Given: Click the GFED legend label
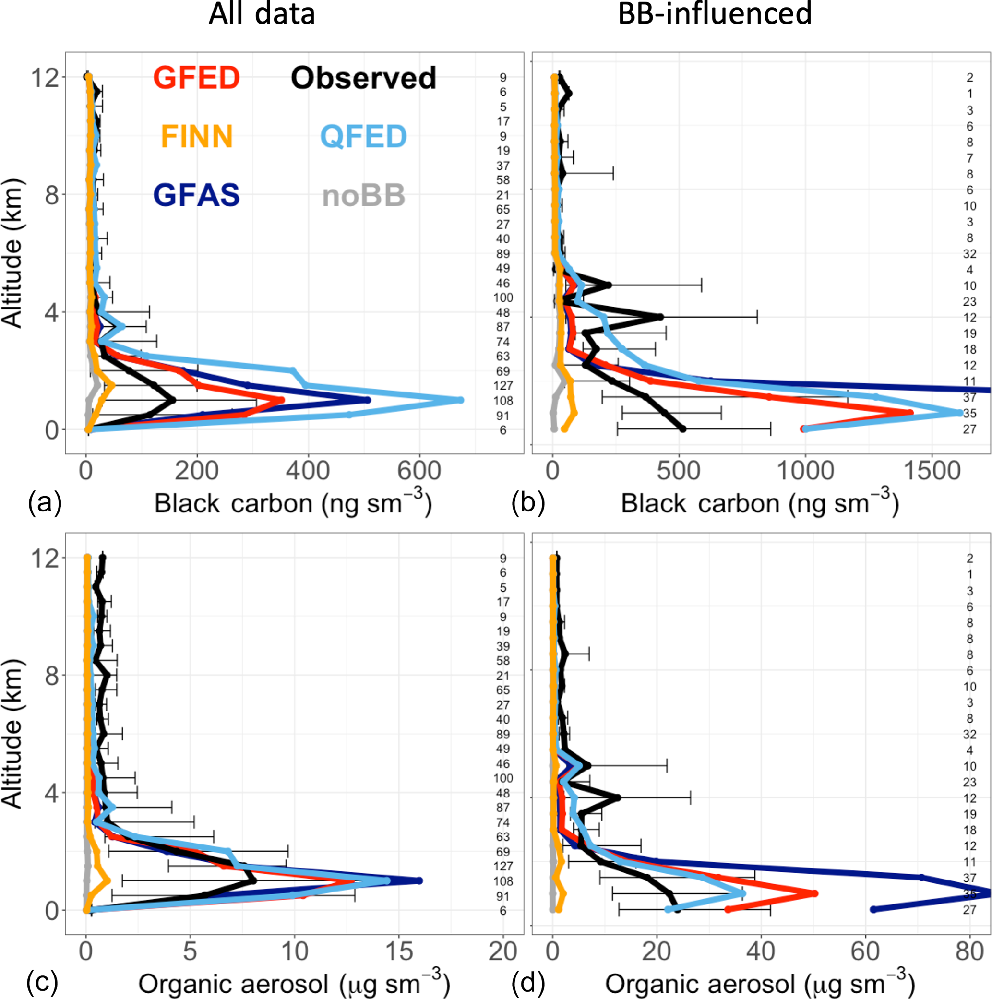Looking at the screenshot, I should (x=197, y=78).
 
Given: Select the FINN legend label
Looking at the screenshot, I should (x=197, y=136).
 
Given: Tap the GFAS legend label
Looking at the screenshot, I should (x=197, y=195).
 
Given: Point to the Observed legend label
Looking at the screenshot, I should (x=363, y=78).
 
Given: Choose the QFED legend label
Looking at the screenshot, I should (x=363, y=136).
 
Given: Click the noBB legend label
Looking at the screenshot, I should (x=363, y=195).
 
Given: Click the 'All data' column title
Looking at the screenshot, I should (x=262, y=14).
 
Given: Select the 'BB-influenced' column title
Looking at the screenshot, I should (x=715, y=13).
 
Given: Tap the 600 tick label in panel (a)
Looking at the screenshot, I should (x=419, y=472).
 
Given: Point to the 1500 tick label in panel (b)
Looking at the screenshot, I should (x=932, y=472).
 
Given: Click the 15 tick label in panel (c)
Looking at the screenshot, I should (x=398, y=951).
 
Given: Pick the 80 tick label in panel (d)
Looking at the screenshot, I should (x=969, y=951).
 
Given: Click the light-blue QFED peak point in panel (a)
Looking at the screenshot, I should (x=460, y=400).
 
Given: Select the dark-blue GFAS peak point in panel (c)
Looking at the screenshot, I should (x=419, y=880).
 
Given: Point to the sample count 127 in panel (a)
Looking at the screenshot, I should (x=503, y=385).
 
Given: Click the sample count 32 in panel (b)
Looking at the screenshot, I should (x=969, y=254).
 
